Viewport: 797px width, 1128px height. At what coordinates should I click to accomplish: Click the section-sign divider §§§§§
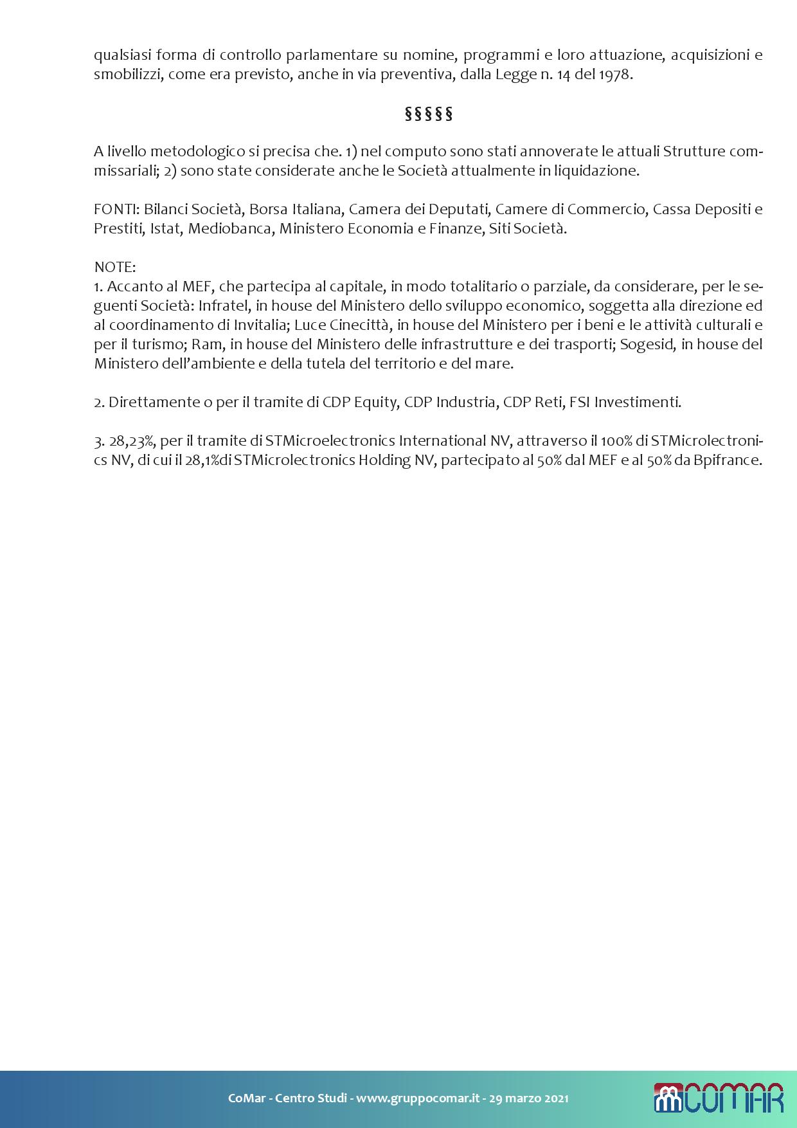(x=429, y=114)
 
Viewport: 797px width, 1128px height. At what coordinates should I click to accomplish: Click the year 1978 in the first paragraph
(x=615, y=75)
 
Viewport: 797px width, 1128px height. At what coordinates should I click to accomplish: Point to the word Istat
(x=165, y=228)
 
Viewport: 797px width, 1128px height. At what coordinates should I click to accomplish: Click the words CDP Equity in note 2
(x=359, y=402)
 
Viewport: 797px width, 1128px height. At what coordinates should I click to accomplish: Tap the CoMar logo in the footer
(x=719, y=1098)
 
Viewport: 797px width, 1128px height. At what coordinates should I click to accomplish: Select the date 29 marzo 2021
(x=528, y=1098)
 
